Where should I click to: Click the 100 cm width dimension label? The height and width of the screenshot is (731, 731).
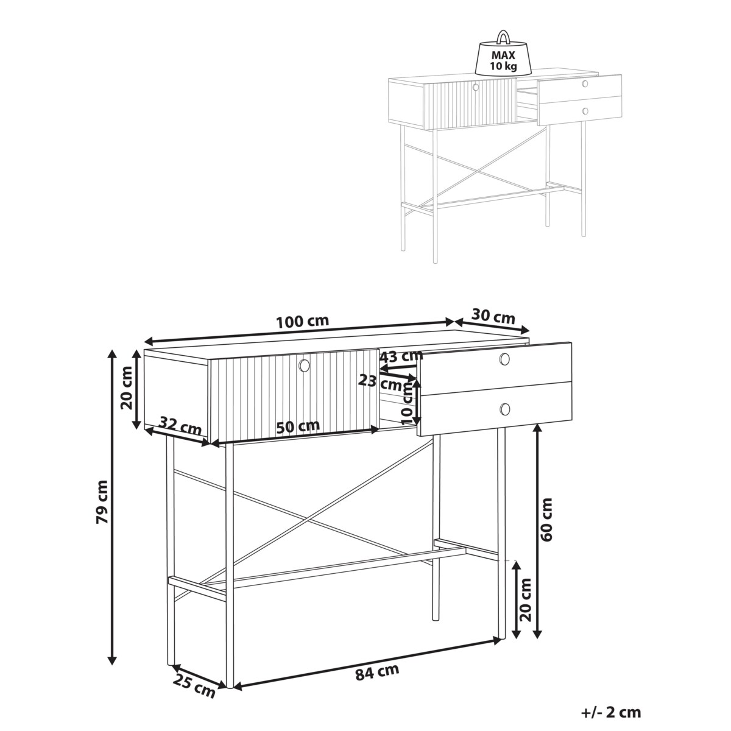coord(302,322)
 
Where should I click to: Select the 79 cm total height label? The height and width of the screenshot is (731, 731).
coord(102,502)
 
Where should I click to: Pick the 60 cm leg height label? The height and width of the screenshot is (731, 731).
coord(546,520)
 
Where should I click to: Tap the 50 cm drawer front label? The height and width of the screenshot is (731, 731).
coord(298,426)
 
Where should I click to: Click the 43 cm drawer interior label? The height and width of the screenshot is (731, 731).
coord(401,356)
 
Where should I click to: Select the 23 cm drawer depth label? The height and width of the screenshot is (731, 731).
coord(380,383)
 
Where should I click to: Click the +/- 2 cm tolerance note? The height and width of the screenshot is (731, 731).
coord(611,712)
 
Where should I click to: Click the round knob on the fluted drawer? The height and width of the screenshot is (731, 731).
coord(304,365)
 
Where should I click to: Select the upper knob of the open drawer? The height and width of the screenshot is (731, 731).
coord(504,358)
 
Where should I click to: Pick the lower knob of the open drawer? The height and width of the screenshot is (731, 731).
coord(505,409)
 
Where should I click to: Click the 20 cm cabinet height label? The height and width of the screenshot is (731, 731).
coord(127,388)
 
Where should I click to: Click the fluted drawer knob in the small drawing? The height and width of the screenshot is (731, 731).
coord(476,87)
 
